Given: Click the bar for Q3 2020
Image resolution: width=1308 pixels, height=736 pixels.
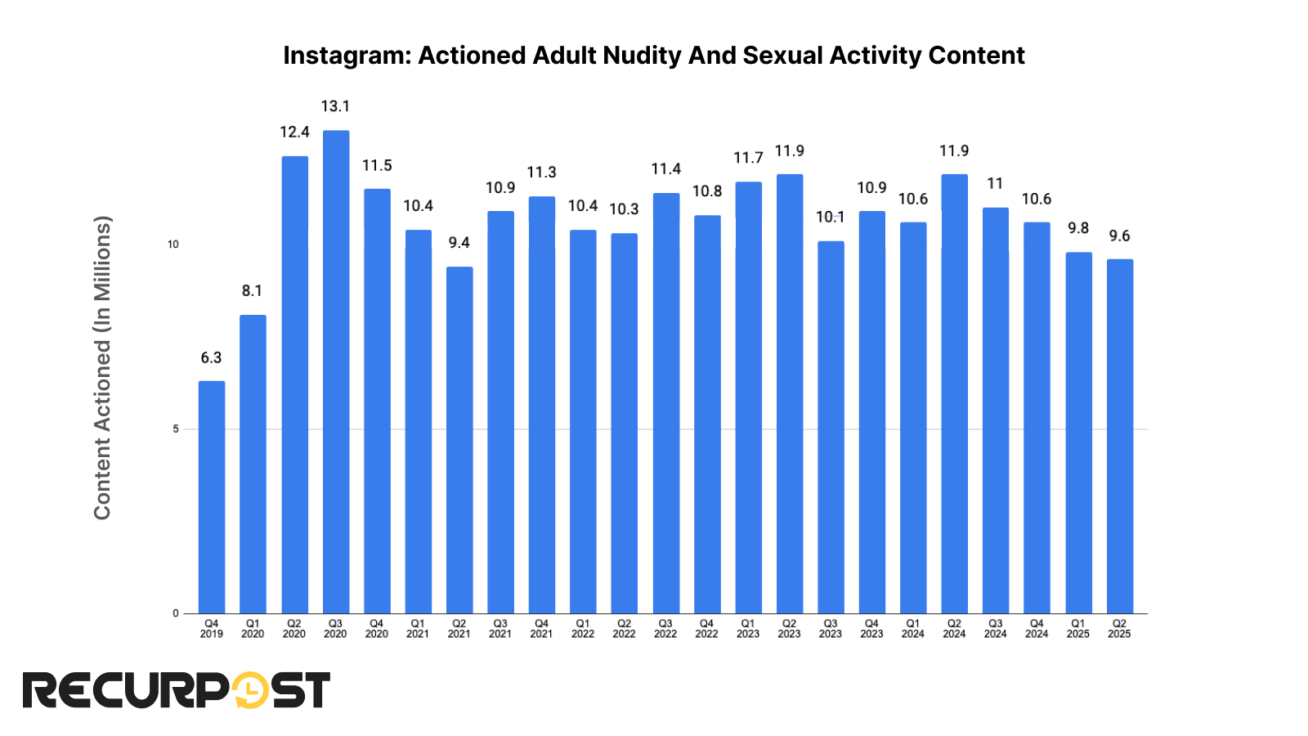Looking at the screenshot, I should click(336, 372).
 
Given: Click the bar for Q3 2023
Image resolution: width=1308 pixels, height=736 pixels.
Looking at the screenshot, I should click(831, 427).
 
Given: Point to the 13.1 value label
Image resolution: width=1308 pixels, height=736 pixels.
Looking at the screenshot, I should click(335, 106).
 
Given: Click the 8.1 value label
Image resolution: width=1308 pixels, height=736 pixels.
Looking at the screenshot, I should click(252, 291).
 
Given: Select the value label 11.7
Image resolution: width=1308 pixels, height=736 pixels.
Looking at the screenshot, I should click(748, 158).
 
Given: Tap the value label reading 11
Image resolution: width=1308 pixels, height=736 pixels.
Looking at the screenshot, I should click(995, 184).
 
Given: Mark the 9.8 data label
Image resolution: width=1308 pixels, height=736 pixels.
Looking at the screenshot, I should click(1078, 228).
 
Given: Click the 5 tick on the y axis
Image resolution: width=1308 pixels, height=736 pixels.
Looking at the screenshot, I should click(175, 429).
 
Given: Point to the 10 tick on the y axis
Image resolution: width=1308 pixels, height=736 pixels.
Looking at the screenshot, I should click(173, 245).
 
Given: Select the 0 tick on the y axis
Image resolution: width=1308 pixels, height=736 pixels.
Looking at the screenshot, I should click(175, 613).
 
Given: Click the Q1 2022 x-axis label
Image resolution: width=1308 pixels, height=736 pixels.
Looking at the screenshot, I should click(583, 629).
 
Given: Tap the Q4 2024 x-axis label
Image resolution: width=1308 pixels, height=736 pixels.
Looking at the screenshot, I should click(1037, 629).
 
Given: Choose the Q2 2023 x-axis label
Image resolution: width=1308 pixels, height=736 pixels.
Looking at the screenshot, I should click(789, 629).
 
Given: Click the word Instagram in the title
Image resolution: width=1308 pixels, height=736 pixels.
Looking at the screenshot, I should click(347, 56).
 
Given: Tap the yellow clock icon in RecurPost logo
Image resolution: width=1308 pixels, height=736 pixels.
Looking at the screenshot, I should click(249, 691).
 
